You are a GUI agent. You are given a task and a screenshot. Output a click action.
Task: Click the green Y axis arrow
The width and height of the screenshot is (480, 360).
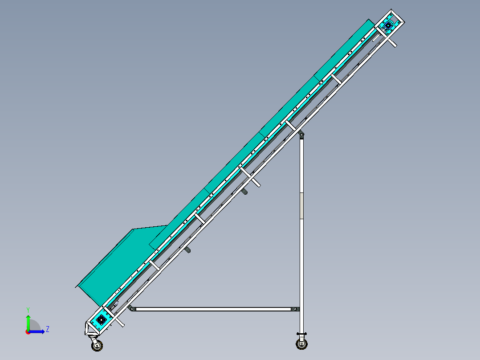28,321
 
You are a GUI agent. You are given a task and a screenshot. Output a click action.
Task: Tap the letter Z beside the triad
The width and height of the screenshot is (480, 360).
47,329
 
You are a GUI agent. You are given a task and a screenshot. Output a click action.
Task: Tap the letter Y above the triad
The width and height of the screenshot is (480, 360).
28,309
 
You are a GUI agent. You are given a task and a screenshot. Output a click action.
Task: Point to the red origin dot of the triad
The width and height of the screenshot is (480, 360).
28,331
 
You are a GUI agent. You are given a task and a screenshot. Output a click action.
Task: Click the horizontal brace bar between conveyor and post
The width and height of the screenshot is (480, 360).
214,309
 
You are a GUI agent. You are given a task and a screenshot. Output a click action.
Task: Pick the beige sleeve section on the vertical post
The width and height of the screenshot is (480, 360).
301,205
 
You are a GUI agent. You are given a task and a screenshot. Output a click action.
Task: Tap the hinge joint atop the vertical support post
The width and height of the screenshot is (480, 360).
301,134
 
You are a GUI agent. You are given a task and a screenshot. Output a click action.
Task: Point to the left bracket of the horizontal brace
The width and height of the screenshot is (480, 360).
131,308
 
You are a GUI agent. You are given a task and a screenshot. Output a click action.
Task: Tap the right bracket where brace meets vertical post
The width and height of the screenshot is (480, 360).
295,309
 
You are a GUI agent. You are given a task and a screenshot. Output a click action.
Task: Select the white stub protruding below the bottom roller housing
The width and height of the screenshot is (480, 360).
120,323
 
